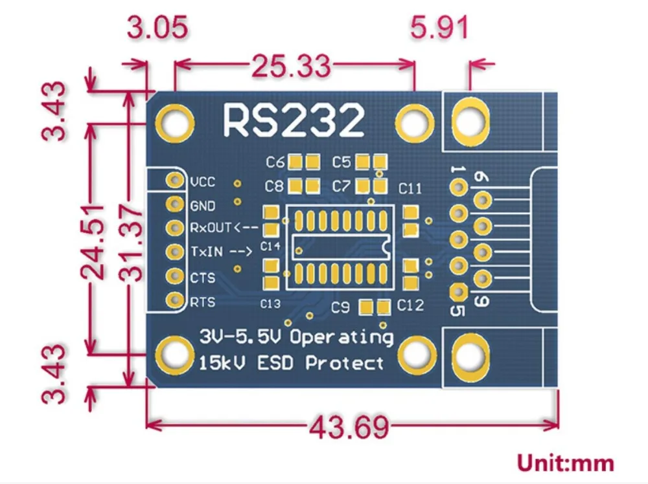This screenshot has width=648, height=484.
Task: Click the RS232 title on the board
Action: click(294, 120)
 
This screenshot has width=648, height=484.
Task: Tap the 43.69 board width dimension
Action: click(349, 428)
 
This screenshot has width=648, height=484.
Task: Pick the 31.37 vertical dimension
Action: click(132, 243)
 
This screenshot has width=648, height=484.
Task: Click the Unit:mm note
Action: click(564, 463)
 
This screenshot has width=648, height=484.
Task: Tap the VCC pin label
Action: click(203, 182)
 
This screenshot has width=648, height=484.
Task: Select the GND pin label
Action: click(203, 206)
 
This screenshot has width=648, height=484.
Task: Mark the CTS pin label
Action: click(203, 278)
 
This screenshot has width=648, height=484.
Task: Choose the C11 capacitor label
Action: click(410, 189)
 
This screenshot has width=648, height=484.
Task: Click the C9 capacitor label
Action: click(341, 307)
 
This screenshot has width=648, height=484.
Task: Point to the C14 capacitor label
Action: click(270, 246)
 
